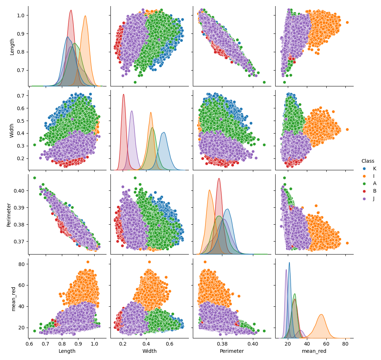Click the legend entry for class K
[371, 168]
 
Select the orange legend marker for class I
[364, 176]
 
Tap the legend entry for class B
[371, 191]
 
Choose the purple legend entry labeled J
[371, 198]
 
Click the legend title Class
[368, 161]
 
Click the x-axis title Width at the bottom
[149, 351]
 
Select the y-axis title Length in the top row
[12, 46]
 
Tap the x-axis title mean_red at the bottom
[314, 351]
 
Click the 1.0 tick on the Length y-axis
[21, 15]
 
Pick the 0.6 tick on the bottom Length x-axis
[30, 344]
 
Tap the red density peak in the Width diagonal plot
[123, 95]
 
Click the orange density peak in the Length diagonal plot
[85, 16]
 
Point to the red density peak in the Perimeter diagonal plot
[219, 179]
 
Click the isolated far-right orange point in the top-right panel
[347, 22]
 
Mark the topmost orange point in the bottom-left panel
[88, 262]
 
